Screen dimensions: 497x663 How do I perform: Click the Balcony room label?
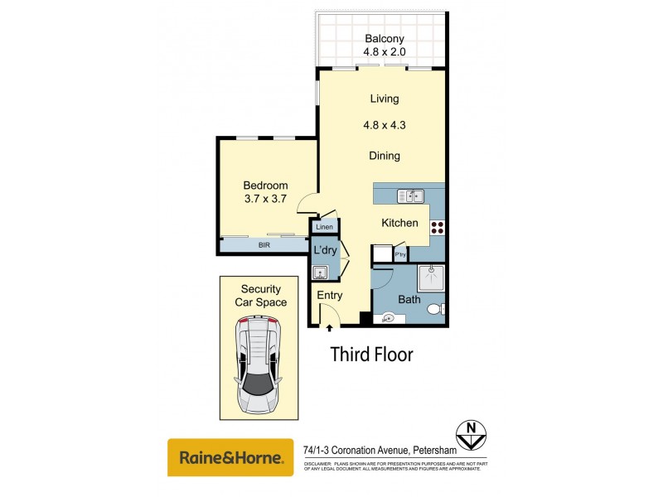coord(384,38)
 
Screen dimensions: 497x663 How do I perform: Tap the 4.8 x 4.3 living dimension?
coord(384,127)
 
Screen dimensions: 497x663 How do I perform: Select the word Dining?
coord(384,156)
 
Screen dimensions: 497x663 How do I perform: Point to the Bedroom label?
coord(265,185)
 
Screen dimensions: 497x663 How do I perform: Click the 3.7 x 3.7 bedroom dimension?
coord(265,199)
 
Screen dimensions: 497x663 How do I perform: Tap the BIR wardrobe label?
coord(264,245)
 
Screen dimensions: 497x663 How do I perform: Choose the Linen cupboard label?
coord(324,226)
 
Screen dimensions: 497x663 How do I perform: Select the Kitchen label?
coord(399,223)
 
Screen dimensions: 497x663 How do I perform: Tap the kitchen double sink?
coord(410,196)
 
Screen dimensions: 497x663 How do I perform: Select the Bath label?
coord(409,299)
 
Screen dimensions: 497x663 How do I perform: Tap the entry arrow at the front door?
coord(329,328)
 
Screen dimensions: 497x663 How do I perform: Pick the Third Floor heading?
coord(371,355)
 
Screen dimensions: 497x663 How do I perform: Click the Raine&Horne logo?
coord(230,457)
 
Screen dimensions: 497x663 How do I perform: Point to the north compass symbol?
coord(470,432)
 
